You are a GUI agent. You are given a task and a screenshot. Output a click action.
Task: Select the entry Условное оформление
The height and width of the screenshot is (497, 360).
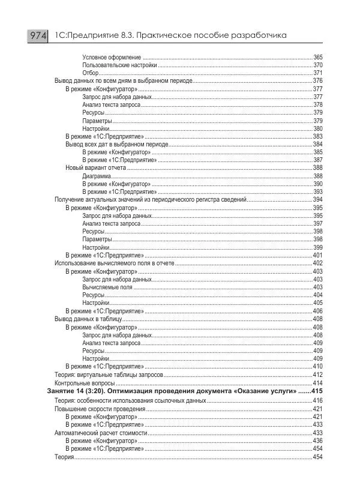(x=112, y=57)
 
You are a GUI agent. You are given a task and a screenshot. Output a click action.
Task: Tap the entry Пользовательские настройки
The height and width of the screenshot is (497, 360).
(x=120, y=65)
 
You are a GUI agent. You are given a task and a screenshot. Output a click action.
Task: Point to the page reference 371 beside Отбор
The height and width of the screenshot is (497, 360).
(x=318, y=73)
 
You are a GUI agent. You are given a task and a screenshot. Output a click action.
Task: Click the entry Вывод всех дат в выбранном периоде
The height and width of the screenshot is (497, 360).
(x=115, y=144)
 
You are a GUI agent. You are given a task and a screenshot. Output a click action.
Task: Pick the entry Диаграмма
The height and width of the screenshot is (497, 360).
(x=96, y=176)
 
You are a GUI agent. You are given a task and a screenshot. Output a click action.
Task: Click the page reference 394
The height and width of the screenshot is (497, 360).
(x=318, y=199)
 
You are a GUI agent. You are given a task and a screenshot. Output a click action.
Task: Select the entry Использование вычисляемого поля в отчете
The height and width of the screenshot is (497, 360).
(x=113, y=263)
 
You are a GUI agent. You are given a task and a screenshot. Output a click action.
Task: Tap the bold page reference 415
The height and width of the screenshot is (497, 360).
(x=317, y=391)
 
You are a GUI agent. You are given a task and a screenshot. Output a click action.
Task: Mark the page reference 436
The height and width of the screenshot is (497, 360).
(x=318, y=440)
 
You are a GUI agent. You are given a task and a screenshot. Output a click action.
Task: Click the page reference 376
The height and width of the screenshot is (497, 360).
(x=318, y=80)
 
